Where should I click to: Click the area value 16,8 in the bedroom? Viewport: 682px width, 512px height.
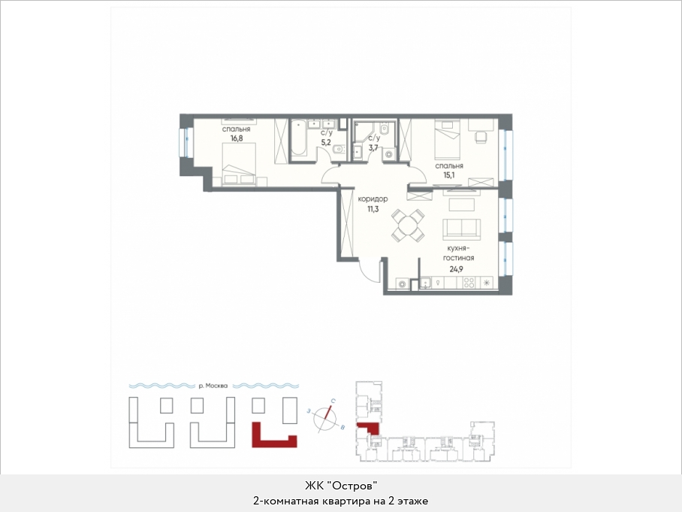[x=237, y=138]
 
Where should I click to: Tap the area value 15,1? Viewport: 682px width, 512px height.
[x=449, y=175]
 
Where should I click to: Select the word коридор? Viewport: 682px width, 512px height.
[x=373, y=199]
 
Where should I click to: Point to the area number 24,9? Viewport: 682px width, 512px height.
[x=456, y=268]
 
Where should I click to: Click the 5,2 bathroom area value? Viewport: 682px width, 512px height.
[x=326, y=142]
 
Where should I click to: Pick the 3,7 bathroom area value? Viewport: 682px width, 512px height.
[x=373, y=147]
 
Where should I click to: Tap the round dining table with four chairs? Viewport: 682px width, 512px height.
[x=408, y=226]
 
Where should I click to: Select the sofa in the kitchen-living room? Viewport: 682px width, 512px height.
[x=461, y=229]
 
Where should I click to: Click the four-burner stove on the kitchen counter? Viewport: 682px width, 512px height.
[x=469, y=283]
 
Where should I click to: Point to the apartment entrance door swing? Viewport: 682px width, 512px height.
[x=370, y=271]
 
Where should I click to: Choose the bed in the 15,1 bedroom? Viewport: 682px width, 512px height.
[x=448, y=140]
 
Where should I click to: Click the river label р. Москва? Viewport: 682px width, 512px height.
[x=213, y=386]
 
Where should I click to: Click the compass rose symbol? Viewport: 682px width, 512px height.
[x=326, y=418]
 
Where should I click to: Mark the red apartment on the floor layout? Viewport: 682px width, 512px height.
[x=369, y=427]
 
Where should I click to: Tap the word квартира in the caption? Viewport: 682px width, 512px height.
[x=351, y=501]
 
